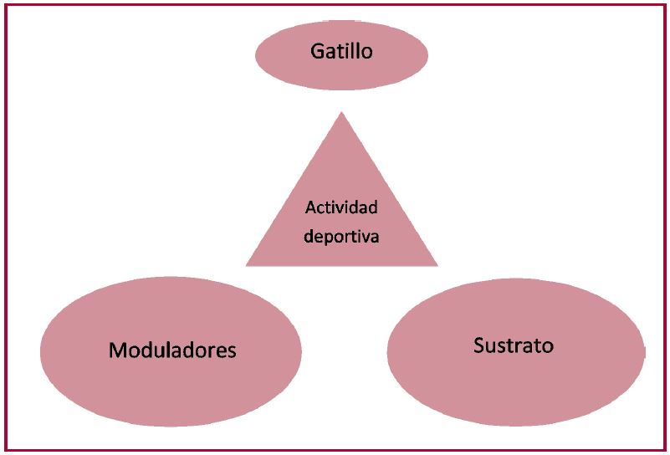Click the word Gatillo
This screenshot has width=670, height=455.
(x=341, y=52)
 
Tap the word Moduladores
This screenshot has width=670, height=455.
(x=172, y=350)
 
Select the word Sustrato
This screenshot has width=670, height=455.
(x=513, y=345)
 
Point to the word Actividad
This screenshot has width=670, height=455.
(x=341, y=207)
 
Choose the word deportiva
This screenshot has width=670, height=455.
(x=341, y=237)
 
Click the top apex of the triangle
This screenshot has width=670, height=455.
(x=342, y=112)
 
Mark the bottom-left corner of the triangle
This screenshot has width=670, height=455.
(x=247, y=265)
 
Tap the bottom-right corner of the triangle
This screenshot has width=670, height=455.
(x=437, y=265)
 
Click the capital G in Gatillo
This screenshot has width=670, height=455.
(x=317, y=52)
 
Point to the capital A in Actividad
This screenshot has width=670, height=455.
(x=310, y=207)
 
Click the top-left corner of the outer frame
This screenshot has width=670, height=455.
(x=6, y=6)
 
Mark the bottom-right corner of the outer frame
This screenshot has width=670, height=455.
(x=664, y=451)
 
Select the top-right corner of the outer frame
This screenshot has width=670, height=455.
(x=664, y=6)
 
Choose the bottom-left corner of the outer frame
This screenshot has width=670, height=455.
(x=6, y=451)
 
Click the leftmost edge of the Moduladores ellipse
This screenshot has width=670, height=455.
(x=40, y=350)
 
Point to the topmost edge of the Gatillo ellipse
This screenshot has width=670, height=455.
(x=341, y=21)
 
